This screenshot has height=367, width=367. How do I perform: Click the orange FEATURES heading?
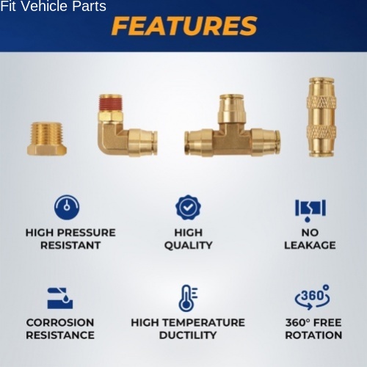pyautogui.click(x=184, y=26)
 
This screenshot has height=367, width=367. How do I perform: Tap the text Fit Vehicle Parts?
pyautogui.click(x=53, y=6)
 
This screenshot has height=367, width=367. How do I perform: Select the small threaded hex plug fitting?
pyautogui.click(x=47, y=139)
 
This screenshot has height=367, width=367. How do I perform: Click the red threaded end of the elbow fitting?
pyautogui.click(x=110, y=103)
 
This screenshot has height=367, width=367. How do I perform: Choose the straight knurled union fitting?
pyautogui.click(x=321, y=117)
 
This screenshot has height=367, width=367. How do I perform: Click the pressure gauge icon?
pyautogui.click(x=67, y=207)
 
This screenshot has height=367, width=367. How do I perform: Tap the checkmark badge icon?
pyautogui.click(x=188, y=208)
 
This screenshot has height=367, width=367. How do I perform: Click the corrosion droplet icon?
pyautogui.click(x=60, y=298)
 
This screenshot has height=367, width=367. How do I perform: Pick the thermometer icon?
pyautogui.click(x=188, y=298)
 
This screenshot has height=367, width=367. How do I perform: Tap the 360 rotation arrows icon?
pyautogui.click(x=312, y=297)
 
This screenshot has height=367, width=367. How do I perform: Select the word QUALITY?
pyautogui.click(x=189, y=245)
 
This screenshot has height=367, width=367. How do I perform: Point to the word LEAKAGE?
pyautogui.click(x=310, y=245)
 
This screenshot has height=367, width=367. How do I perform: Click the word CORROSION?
pyautogui.click(x=60, y=322)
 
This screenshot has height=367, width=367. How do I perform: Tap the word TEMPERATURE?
pyautogui.click(x=203, y=322)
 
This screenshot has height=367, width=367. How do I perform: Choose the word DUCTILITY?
pyautogui.click(x=188, y=335)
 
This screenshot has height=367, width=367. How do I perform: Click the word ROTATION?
pyautogui.click(x=313, y=335)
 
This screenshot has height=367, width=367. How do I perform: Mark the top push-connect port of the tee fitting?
pyautogui.click(x=231, y=107)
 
